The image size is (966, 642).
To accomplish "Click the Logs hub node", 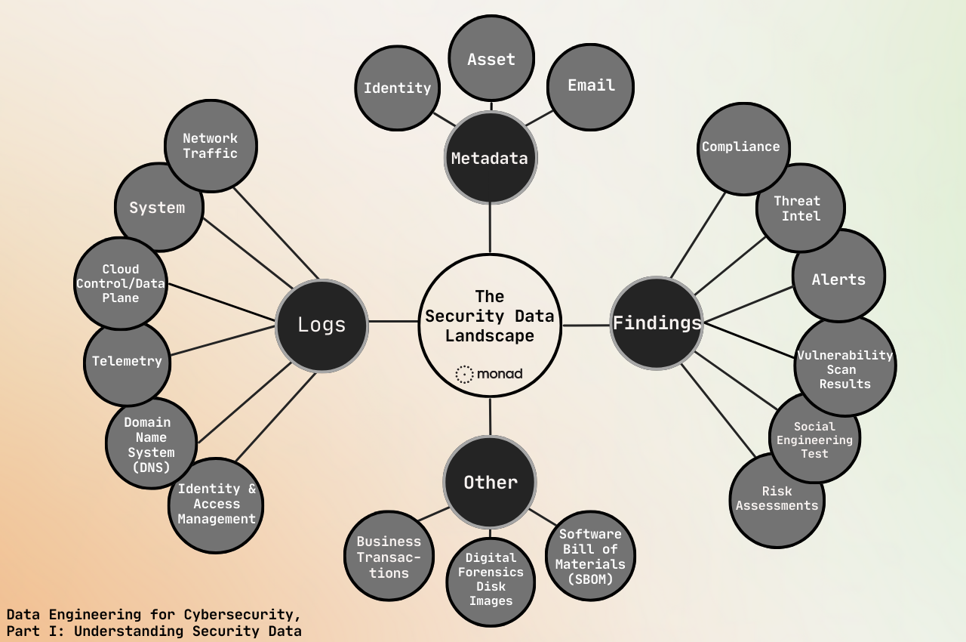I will [321, 325].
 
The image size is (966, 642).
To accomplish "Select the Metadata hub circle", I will [490, 158].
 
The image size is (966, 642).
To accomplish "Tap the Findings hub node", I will [656, 323].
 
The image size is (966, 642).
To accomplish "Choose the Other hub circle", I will [490, 482].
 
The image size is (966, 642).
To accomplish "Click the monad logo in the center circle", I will [489, 374].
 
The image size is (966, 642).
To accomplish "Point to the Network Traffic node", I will [211, 146].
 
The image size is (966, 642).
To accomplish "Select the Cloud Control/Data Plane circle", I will [120, 283].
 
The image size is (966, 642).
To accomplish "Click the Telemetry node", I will [127, 362].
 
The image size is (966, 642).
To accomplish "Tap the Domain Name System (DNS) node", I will [150, 444].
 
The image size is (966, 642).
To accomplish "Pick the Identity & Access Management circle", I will [216, 505].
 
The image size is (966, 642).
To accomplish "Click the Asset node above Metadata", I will [491, 59].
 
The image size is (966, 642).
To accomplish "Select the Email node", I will [590, 86].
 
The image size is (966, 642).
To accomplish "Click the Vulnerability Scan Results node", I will [845, 368].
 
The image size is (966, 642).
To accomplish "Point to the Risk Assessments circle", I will [777, 500].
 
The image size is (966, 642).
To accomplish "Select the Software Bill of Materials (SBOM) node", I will [590, 556].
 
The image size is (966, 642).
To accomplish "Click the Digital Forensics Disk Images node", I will [491, 580].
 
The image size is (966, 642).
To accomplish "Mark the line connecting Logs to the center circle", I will [393, 322].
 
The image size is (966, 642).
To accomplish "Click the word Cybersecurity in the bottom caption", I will [243, 614].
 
